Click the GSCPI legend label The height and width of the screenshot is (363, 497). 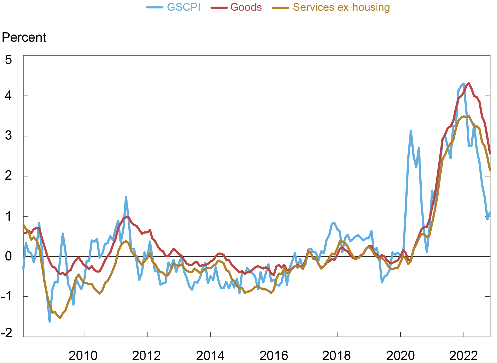(x=184, y=7)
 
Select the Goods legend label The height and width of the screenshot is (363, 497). (x=246, y=7)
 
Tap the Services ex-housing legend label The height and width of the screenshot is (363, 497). (x=341, y=7)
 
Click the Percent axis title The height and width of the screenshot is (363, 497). (x=24, y=37)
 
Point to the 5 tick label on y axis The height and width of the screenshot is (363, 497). (x=9, y=60)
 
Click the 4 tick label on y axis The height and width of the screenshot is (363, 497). (x=9, y=96)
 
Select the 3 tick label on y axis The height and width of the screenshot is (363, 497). (x=9, y=136)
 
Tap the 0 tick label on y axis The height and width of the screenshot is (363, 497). (x=9, y=256)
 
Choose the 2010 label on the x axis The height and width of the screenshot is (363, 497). (x=83, y=356)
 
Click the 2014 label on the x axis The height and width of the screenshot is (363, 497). (x=210, y=356)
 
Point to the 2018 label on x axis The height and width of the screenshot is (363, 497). (x=337, y=356)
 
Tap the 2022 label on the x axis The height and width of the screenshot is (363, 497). (x=464, y=356)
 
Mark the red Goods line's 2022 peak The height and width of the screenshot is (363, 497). (x=469, y=83)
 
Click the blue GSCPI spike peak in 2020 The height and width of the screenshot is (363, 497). (x=411, y=131)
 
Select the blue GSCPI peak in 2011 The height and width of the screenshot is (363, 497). (x=126, y=197)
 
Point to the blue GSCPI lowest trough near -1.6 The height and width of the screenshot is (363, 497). (x=50, y=321)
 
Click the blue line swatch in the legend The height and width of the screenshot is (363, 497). (x=155, y=8)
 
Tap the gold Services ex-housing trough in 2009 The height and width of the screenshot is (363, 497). (x=60, y=318)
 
